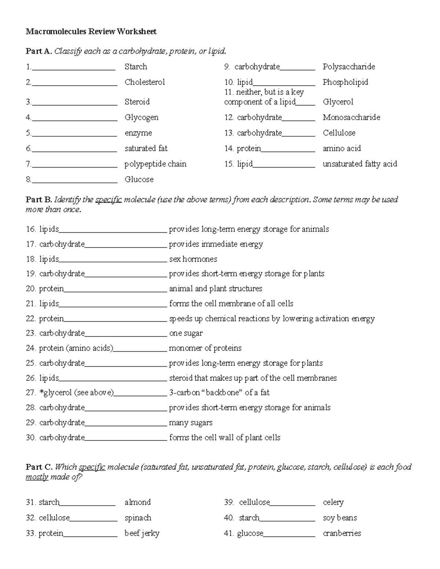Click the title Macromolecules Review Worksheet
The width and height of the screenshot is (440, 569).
coord(91,32)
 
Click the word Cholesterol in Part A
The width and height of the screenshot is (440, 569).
coord(144,82)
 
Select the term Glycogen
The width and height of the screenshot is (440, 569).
coord(142,117)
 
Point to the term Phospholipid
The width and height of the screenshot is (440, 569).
coord(345,82)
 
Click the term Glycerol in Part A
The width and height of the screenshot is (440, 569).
coord(338,102)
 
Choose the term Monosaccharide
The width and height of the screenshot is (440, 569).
coord(351,117)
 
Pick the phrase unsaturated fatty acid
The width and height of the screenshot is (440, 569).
coord(360,164)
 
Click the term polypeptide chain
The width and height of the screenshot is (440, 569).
coord(155,164)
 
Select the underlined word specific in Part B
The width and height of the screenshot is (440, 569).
coord(108,200)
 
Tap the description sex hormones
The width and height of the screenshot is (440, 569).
coord(193,259)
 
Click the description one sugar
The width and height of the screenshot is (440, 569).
coord(186,333)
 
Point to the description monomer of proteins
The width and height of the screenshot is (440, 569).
coord(205,348)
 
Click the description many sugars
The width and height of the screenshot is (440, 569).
coord(190,423)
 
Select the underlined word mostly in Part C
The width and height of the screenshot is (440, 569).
coord(37,477)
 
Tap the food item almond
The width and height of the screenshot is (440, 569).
coord(137,502)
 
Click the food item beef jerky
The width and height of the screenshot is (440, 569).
coord(142,533)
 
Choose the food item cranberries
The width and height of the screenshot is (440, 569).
coord(342,533)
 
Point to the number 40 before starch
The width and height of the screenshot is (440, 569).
coord(229,518)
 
